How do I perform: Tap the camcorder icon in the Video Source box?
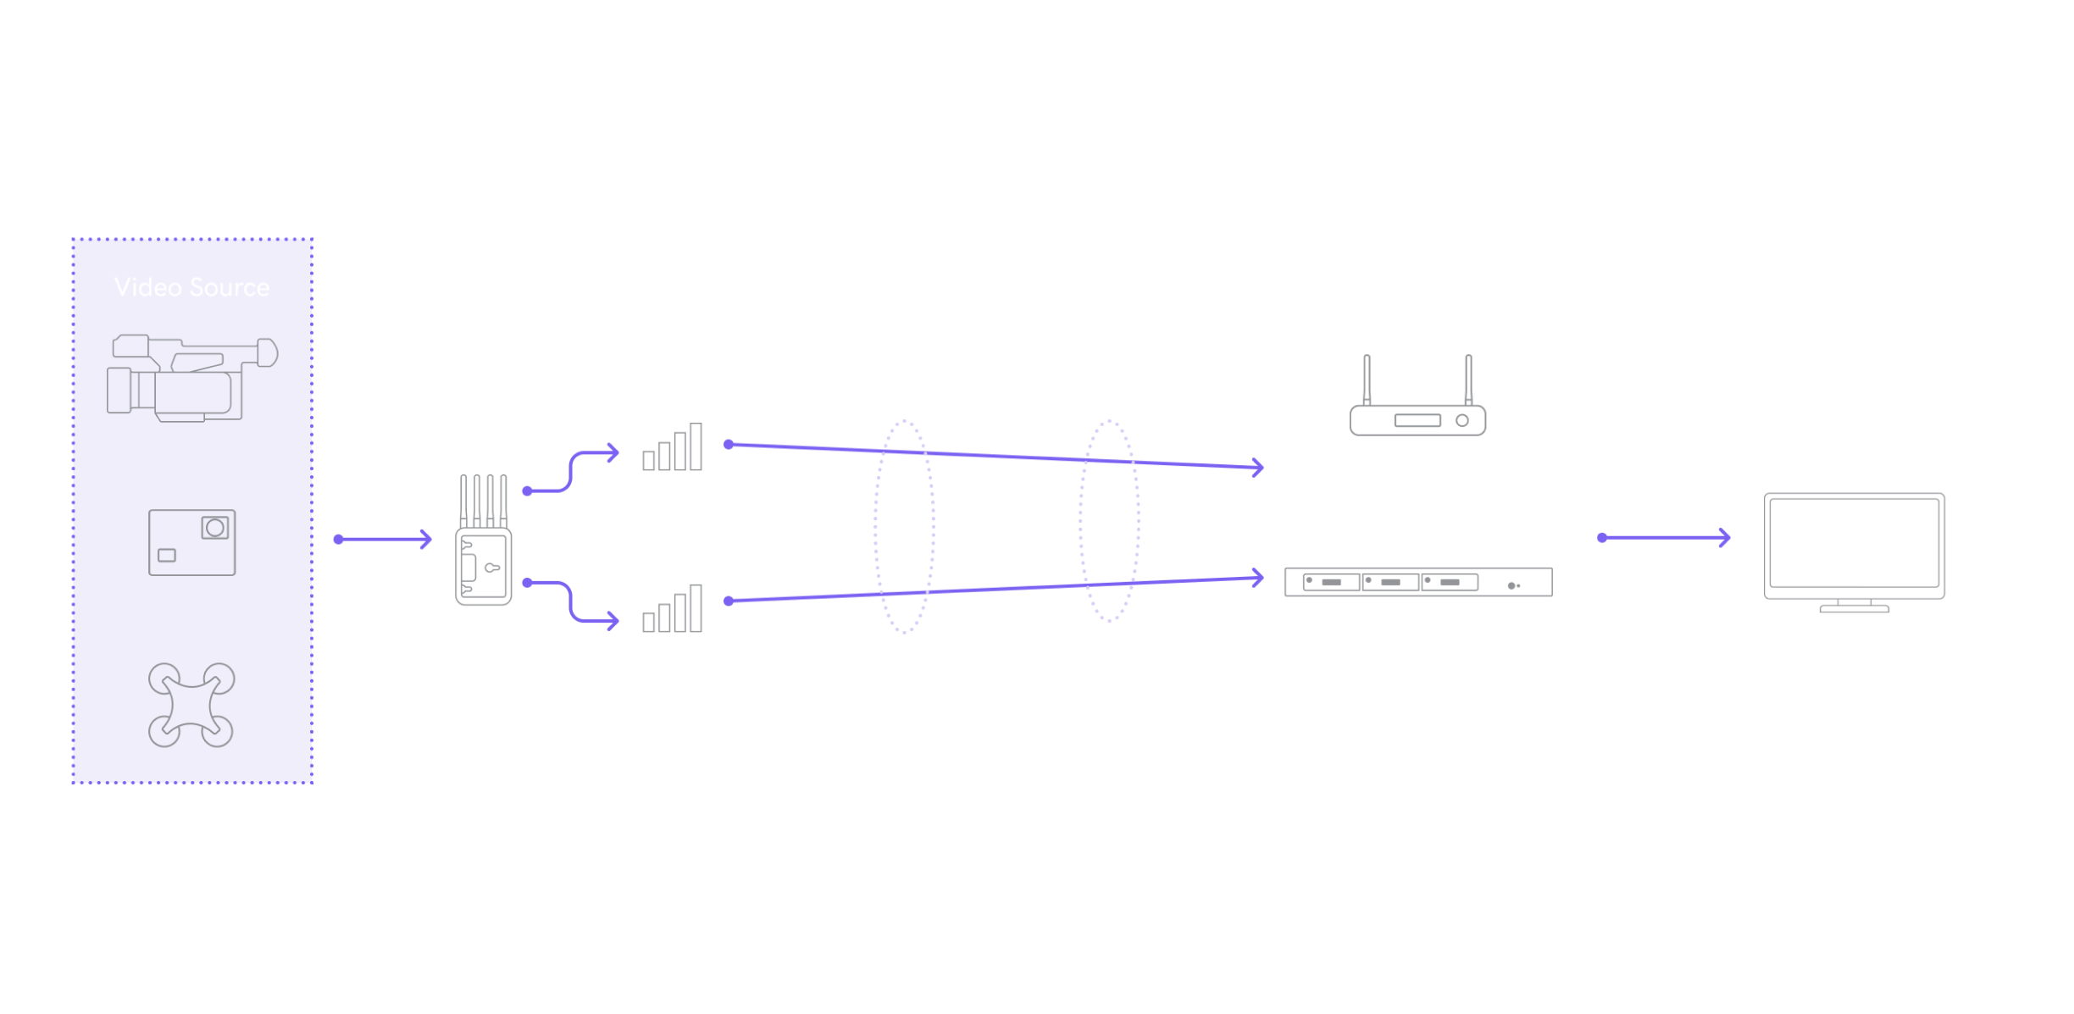[192, 378]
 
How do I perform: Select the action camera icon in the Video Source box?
[192, 542]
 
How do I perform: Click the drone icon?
[191, 705]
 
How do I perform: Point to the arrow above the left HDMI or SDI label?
[384, 539]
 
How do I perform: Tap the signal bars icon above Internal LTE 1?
[673, 447]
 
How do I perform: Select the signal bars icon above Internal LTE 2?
[673, 609]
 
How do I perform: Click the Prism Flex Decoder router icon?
[1417, 398]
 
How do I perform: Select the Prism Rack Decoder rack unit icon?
[1418, 582]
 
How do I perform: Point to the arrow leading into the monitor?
[1664, 537]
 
